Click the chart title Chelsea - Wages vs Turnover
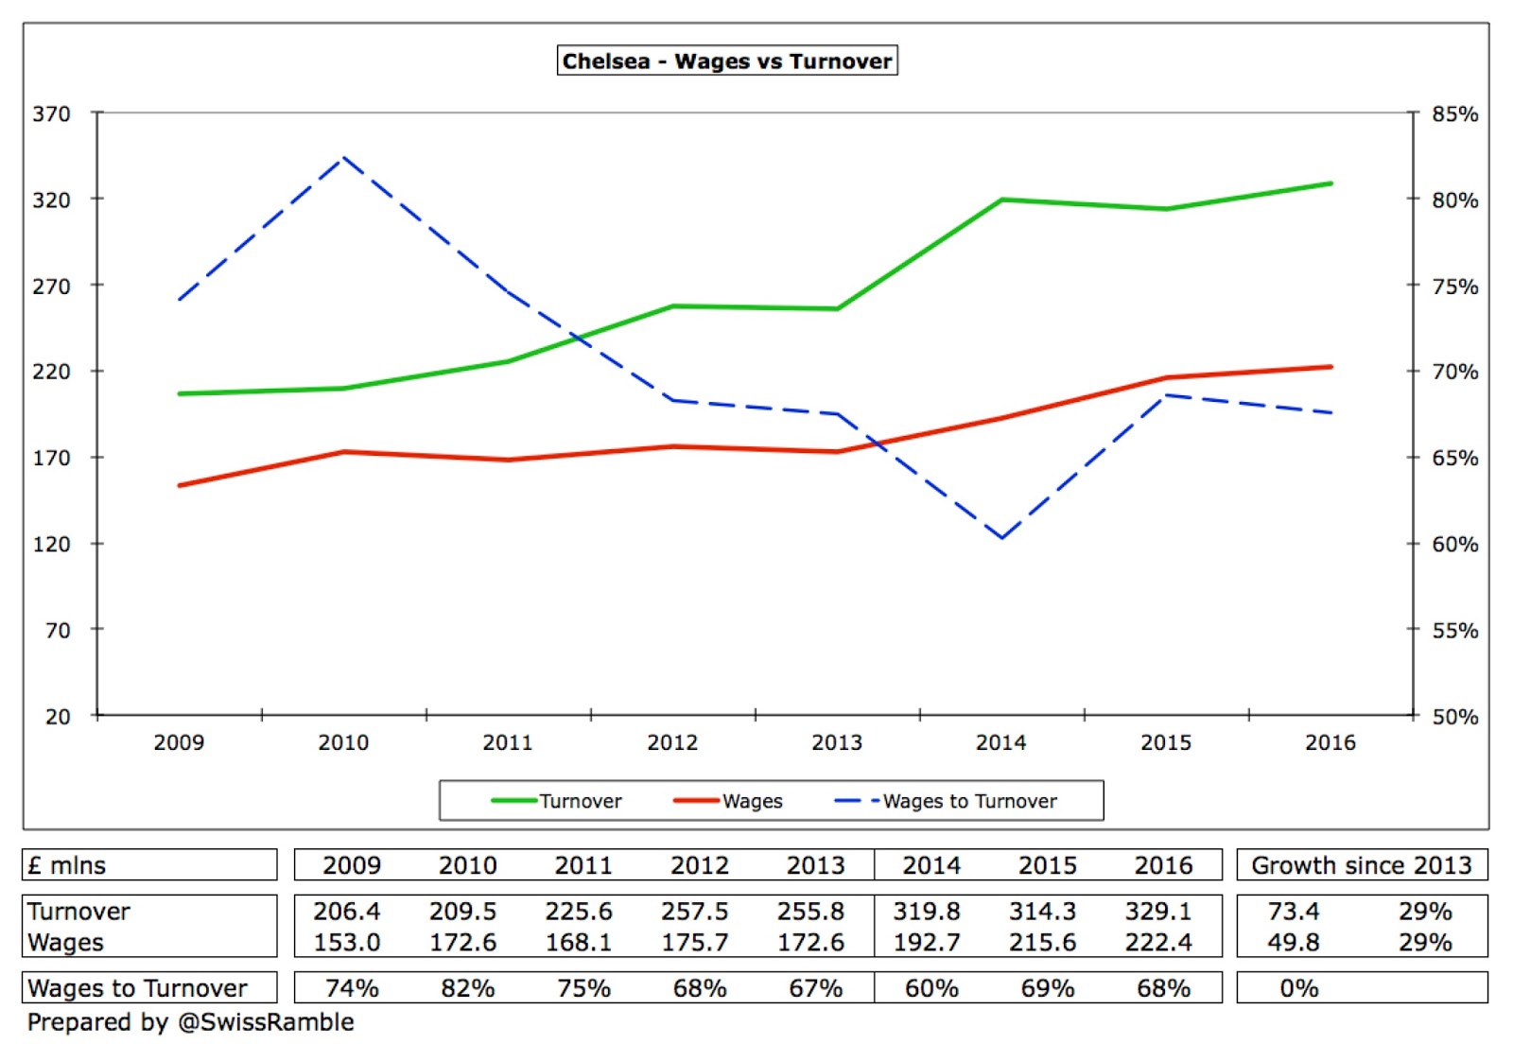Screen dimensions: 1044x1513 coord(726,61)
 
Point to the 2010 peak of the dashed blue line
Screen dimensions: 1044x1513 coord(343,158)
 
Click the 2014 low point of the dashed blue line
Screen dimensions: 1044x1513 coord(1001,538)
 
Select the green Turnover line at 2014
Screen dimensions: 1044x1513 coord(1001,200)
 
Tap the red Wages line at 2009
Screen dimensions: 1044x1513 coord(180,485)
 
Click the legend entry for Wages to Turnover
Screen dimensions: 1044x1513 coord(946,801)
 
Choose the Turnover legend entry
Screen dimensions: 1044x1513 coord(557,801)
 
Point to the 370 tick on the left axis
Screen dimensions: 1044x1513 coord(51,114)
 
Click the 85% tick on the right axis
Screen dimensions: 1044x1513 coord(1454,114)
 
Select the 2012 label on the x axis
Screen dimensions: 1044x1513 coord(672,742)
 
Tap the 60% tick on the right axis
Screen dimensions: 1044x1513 coord(1454,545)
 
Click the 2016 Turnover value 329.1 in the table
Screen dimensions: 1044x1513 coord(1158,912)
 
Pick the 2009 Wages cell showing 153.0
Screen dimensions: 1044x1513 coord(347,943)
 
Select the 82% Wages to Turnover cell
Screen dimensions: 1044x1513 coord(467,988)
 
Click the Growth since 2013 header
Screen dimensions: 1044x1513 coord(1361,865)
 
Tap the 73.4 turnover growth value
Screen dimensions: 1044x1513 coord(1293,912)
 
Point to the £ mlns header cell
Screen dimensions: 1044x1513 coord(67,865)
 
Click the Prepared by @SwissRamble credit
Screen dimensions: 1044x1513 coord(190,1022)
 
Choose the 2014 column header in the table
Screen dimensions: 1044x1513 coord(931,865)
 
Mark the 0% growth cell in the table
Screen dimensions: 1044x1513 coord(1298,988)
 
